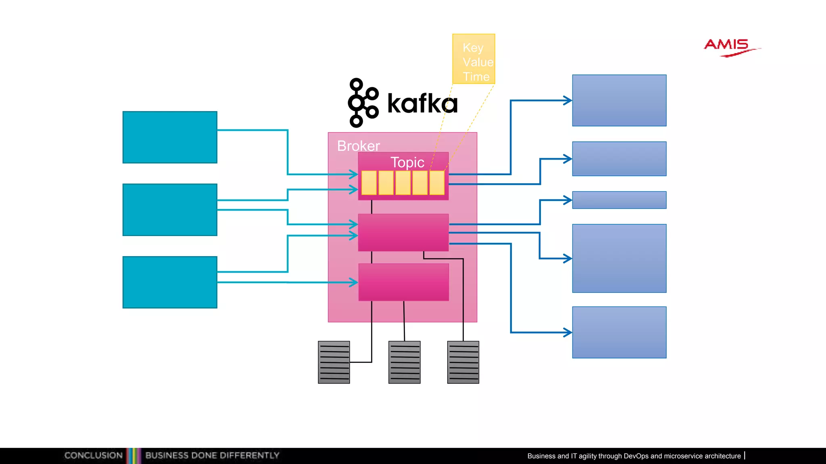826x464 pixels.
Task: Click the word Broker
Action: coord(358,146)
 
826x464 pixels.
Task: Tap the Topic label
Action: coord(407,162)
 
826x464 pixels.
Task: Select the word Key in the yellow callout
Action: coord(473,48)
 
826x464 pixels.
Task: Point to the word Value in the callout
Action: coord(478,62)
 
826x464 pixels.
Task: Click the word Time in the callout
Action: coord(476,77)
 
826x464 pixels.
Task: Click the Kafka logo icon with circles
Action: coord(363,103)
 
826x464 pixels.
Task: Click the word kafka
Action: coord(422,104)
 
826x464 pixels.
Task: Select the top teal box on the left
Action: coord(170,137)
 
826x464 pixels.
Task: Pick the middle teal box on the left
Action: coord(170,210)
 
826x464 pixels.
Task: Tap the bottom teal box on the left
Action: coord(170,282)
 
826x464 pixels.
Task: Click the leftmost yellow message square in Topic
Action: coord(369,183)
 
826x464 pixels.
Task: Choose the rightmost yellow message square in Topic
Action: coord(437,183)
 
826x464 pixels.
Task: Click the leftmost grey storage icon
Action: coord(334,362)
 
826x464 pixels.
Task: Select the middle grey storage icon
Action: coord(404,362)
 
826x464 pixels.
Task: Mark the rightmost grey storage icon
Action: coord(463,362)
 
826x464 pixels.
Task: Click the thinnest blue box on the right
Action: coord(619,200)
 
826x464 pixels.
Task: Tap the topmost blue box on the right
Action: coord(619,100)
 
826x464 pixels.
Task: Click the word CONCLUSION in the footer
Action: coord(93,456)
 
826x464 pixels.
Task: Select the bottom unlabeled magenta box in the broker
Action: coord(403,282)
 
